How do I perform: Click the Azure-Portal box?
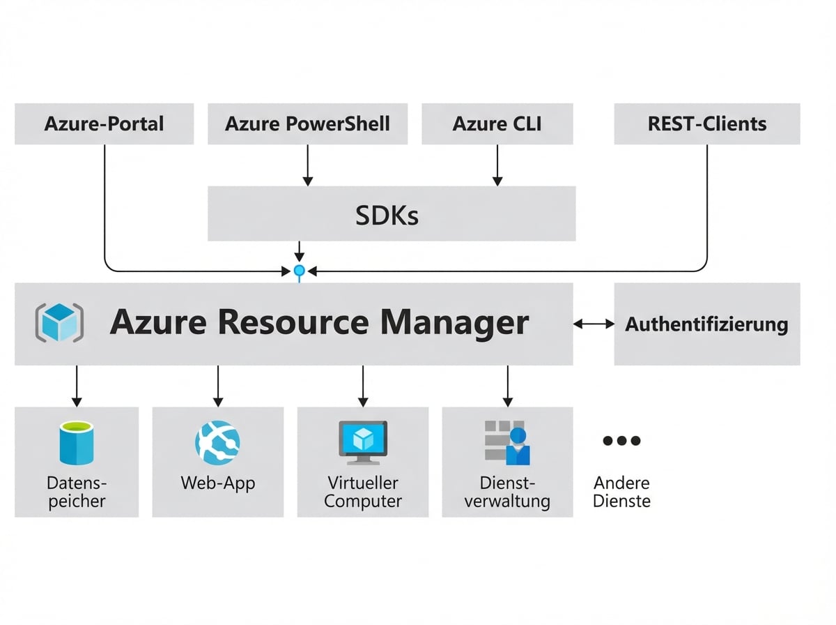tap(104, 124)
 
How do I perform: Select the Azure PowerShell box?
tap(307, 124)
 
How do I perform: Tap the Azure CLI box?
tap(497, 124)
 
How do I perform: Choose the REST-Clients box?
tap(706, 124)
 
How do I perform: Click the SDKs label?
tap(387, 216)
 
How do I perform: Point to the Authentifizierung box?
tap(706, 324)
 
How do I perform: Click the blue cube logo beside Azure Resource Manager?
tap(59, 323)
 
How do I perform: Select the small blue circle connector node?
tap(300, 270)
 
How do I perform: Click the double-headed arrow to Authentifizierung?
tap(594, 324)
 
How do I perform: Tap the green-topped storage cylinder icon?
tap(77, 442)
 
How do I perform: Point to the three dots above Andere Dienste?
tap(621, 441)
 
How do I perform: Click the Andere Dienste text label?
tap(621, 492)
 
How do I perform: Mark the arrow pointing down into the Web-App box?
tap(217, 386)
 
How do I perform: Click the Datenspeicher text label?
tap(77, 492)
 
